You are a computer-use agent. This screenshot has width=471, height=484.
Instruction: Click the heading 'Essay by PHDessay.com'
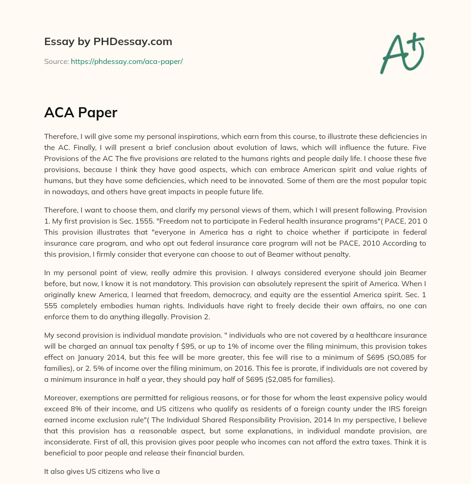tap(108, 42)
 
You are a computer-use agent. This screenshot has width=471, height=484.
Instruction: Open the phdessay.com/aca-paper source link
tap(126, 61)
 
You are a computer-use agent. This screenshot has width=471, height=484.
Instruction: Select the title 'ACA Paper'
tap(80, 113)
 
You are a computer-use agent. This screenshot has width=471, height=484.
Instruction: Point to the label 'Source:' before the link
tap(56, 61)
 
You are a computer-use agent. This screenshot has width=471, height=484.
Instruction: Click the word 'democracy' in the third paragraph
tap(227, 294)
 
